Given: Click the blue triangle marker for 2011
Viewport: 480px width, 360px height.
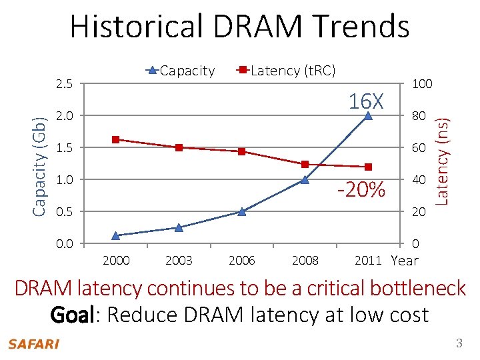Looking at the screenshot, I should pos(368,115).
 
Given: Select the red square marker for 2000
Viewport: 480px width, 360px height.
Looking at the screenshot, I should pos(115,139).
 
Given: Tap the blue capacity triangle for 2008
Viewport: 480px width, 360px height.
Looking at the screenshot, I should pos(305,179).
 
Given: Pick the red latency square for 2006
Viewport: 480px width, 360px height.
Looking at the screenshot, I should pos(241,151).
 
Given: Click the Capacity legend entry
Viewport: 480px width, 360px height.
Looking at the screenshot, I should pos(180,70).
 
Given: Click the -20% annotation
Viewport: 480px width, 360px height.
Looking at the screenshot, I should pos(361,190).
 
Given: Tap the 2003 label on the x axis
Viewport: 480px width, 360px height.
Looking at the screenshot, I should pos(178,260).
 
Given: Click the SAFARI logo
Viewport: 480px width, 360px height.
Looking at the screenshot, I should pos(33,344).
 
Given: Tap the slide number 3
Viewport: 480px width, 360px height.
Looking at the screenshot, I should pos(459,343).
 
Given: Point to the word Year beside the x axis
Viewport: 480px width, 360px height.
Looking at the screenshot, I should pos(405,261).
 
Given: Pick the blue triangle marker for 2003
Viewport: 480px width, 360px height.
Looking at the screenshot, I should pos(178,227).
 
